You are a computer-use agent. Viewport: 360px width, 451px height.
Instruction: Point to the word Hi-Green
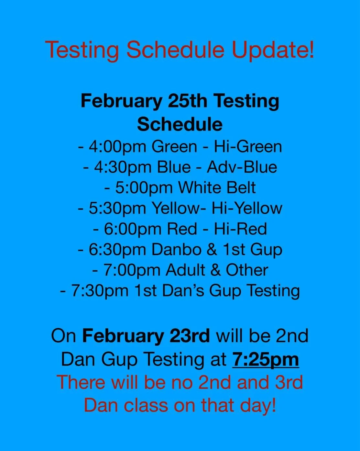point(248,147)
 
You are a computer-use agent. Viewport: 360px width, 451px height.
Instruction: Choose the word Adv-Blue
point(242,167)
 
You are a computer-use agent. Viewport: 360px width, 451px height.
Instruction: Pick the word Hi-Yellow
point(247,208)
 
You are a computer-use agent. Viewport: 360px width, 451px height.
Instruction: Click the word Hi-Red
point(240,229)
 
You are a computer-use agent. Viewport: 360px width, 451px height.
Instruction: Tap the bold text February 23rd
point(146,336)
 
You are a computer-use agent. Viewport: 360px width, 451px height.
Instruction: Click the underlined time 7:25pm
point(265,360)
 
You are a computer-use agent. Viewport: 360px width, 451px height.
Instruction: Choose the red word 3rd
point(289,382)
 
